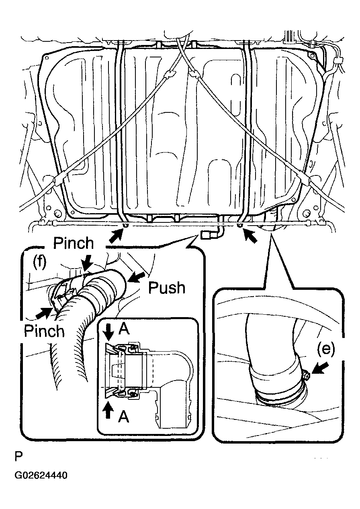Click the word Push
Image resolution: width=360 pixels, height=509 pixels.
click(167, 288)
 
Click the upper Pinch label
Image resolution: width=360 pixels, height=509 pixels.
click(74, 243)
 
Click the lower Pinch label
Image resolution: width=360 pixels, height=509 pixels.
click(44, 331)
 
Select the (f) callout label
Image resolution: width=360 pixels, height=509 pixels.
click(39, 262)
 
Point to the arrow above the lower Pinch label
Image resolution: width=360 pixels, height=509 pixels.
click(44, 313)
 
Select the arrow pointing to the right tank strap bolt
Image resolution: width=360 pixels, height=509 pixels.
click(250, 236)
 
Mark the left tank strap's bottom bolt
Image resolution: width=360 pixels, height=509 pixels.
click(125, 225)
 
